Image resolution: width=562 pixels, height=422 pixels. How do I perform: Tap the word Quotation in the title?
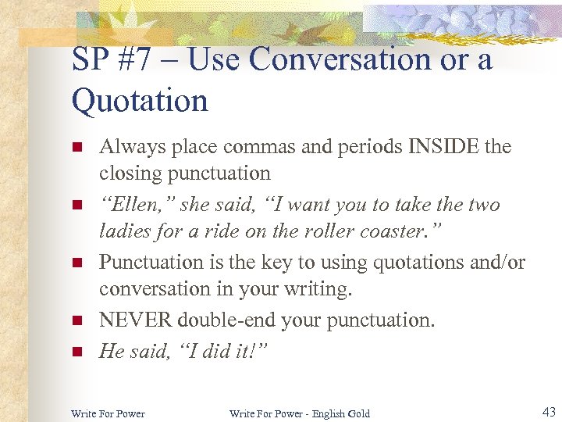tap(140, 100)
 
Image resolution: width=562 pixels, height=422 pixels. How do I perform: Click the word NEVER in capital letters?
tap(136, 320)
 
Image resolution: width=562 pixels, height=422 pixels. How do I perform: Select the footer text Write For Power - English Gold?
tap(299, 413)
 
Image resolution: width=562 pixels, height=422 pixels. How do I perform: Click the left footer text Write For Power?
tap(108, 413)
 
